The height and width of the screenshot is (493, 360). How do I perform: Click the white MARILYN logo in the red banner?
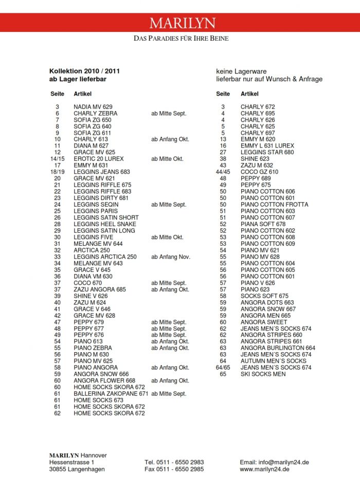coord(183,23)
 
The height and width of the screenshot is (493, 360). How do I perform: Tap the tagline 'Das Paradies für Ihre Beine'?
coord(181,39)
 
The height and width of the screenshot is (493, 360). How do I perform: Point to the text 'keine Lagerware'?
coord(241,71)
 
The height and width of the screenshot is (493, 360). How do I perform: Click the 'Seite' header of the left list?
coord(57,94)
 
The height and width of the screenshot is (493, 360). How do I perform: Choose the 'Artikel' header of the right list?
coord(249,94)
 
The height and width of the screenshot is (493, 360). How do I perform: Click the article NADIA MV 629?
coord(93,107)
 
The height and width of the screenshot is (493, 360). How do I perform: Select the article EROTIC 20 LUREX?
coord(99,159)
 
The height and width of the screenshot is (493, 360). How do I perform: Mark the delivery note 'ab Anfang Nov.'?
coord(171,257)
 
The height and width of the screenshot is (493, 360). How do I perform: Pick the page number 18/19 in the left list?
coord(57,172)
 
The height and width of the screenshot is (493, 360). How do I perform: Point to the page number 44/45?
coord(223,172)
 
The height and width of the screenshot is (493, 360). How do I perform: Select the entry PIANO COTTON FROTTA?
coord(275,205)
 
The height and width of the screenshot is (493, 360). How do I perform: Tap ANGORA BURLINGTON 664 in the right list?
coord(278,348)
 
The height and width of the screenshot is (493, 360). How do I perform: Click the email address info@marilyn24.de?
coord(274,462)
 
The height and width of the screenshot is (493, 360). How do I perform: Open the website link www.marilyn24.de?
coord(265,469)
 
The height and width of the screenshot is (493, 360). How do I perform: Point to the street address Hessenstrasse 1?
coord(72,462)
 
